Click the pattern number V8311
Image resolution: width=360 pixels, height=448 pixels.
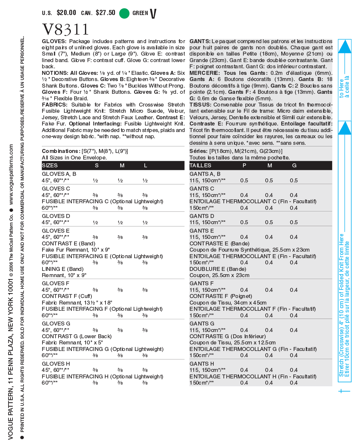click(65, 29)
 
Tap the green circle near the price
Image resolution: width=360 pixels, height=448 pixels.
click(124, 13)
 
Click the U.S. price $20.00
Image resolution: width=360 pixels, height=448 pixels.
click(66, 13)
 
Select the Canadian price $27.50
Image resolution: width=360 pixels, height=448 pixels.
click(105, 13)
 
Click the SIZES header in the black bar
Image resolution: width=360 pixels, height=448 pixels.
click(50, 165)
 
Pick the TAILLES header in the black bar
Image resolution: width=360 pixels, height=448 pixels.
click(200, 165)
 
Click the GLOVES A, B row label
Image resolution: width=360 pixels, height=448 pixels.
click(59, 174)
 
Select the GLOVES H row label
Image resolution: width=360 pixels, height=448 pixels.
click(56, 364)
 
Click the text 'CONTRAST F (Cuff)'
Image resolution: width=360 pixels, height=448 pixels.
click(67, 296)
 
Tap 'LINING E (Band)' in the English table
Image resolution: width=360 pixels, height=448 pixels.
click(62, 269)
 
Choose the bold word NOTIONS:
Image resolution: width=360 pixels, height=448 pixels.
click(55, 73)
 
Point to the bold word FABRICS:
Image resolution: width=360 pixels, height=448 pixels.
click(54, 105)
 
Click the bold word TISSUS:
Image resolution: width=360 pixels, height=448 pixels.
click(200, 105)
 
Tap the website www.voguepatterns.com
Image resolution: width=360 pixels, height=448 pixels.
click(11, 175)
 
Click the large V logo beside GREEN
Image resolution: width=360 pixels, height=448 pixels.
click(153, 13)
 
